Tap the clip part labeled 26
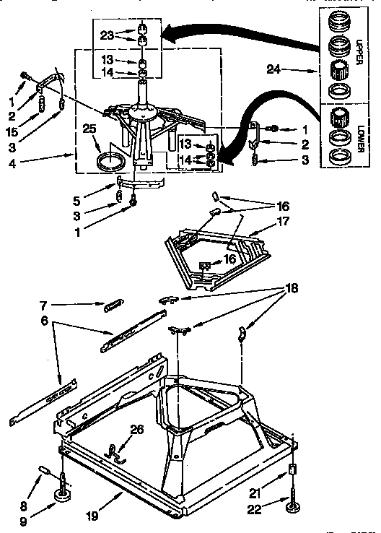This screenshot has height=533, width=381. (x=114, y=451)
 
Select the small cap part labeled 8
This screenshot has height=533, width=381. (x=42, y=472)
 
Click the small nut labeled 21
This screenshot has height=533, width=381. (x=293, y=470)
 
